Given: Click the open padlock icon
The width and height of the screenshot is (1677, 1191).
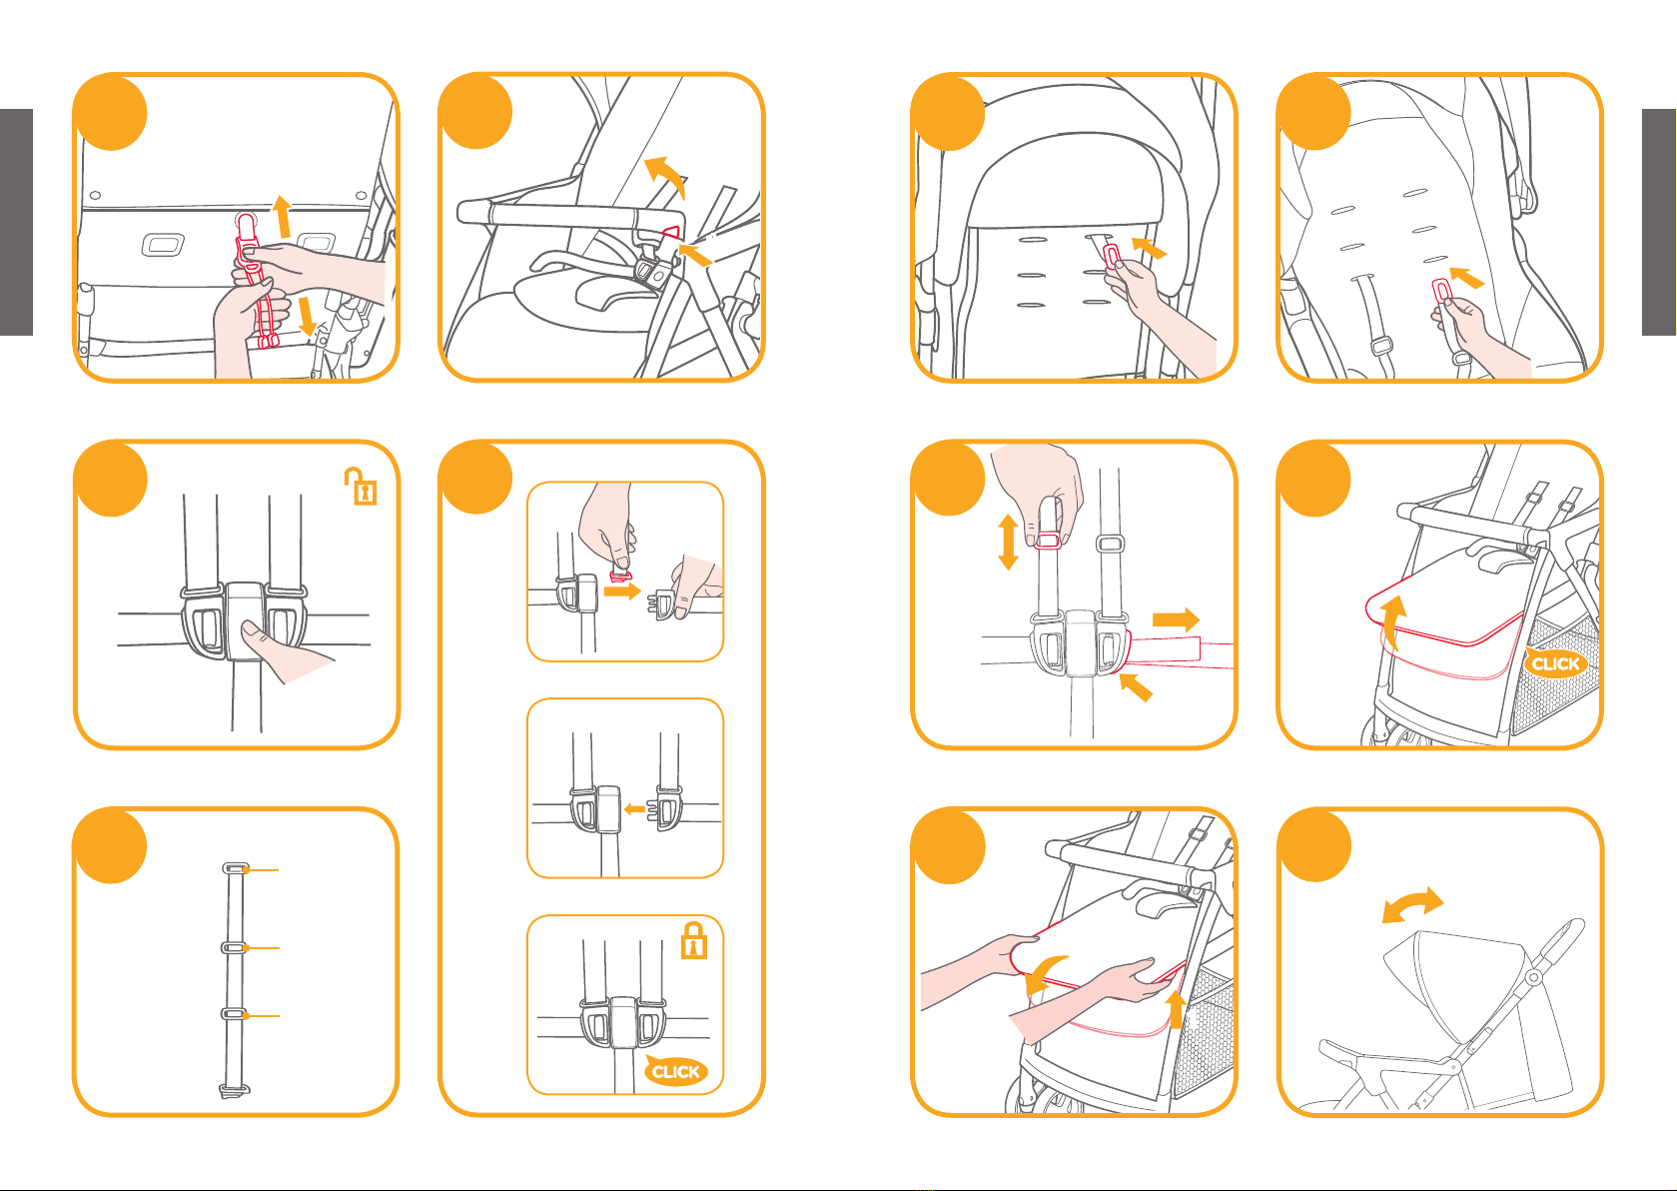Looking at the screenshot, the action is click(x=361, y=487).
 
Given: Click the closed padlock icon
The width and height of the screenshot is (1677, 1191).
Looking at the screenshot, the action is click(x=694, y=941).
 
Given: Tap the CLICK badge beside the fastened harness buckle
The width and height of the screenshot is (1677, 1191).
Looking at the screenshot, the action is click(x=674, y=1071).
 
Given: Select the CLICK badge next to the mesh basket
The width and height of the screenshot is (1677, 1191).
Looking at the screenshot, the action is click(x=1555, y=662).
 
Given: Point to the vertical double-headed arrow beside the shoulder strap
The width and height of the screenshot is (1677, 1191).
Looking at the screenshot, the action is click(x=1008, y=542).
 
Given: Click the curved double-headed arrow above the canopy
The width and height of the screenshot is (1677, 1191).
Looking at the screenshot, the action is click(x=1412, y=905).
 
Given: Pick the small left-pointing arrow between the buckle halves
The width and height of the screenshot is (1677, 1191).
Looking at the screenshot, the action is click(x=635, y=809).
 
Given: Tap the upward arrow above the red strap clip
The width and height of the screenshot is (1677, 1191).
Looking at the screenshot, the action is click(x=282, y=217).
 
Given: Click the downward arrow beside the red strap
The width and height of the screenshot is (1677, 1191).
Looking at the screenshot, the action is click(x=307, y=316).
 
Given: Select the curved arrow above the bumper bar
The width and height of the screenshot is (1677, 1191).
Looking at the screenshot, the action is click(x=665, y=176).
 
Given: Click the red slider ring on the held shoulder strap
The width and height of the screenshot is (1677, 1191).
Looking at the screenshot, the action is click(x=1047, y=540).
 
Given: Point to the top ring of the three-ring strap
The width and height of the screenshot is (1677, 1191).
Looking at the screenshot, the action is click(x=235, y=868).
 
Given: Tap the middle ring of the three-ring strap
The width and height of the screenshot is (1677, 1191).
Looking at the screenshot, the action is click(x=234, y=947).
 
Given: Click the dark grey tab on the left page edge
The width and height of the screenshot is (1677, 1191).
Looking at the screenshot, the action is click(x=16, y=223).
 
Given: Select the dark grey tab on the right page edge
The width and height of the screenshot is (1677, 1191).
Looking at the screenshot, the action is click(x=1659, y=223).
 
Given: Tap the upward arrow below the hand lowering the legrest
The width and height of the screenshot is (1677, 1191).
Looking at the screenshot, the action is click(x=1177, y=1009).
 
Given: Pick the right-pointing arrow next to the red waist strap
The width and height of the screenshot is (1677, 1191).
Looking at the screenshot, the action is click(x=1176, y=619).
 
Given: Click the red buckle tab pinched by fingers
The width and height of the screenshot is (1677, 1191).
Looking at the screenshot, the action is click(x=620, y=577).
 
